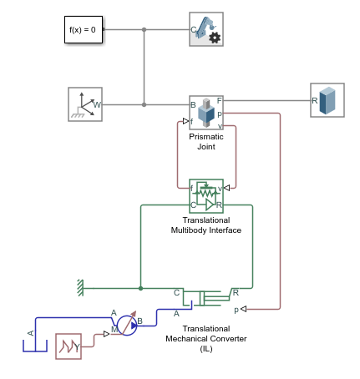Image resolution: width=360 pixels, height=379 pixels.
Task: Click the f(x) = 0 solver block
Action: coord(82,30)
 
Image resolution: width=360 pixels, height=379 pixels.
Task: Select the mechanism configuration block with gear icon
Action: coord(205,30)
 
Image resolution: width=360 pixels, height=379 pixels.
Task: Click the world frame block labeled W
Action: coord(84,104)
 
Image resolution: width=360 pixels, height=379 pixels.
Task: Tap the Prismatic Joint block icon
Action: coord(205,111)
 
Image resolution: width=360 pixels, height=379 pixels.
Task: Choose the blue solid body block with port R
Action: coord(327,100)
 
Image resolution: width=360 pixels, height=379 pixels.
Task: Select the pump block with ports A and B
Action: coord(127,324)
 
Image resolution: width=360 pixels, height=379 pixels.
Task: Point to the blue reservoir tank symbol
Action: coord(31,342)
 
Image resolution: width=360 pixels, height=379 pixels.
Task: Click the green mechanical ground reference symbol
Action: coord(79,287)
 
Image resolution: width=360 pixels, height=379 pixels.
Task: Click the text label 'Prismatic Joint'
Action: coord(205,141)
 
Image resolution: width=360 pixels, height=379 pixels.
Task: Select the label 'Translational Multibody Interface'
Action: coord(205,225)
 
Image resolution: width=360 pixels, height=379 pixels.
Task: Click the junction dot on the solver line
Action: coord(145,30)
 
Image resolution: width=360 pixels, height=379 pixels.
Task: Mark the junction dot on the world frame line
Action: coord(145,105)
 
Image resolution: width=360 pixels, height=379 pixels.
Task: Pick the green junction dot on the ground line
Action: coord(140,288)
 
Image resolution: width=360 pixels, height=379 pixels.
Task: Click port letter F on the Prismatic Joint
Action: coord(219,101)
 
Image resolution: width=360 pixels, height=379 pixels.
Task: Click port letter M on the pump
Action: coord(114,331)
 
